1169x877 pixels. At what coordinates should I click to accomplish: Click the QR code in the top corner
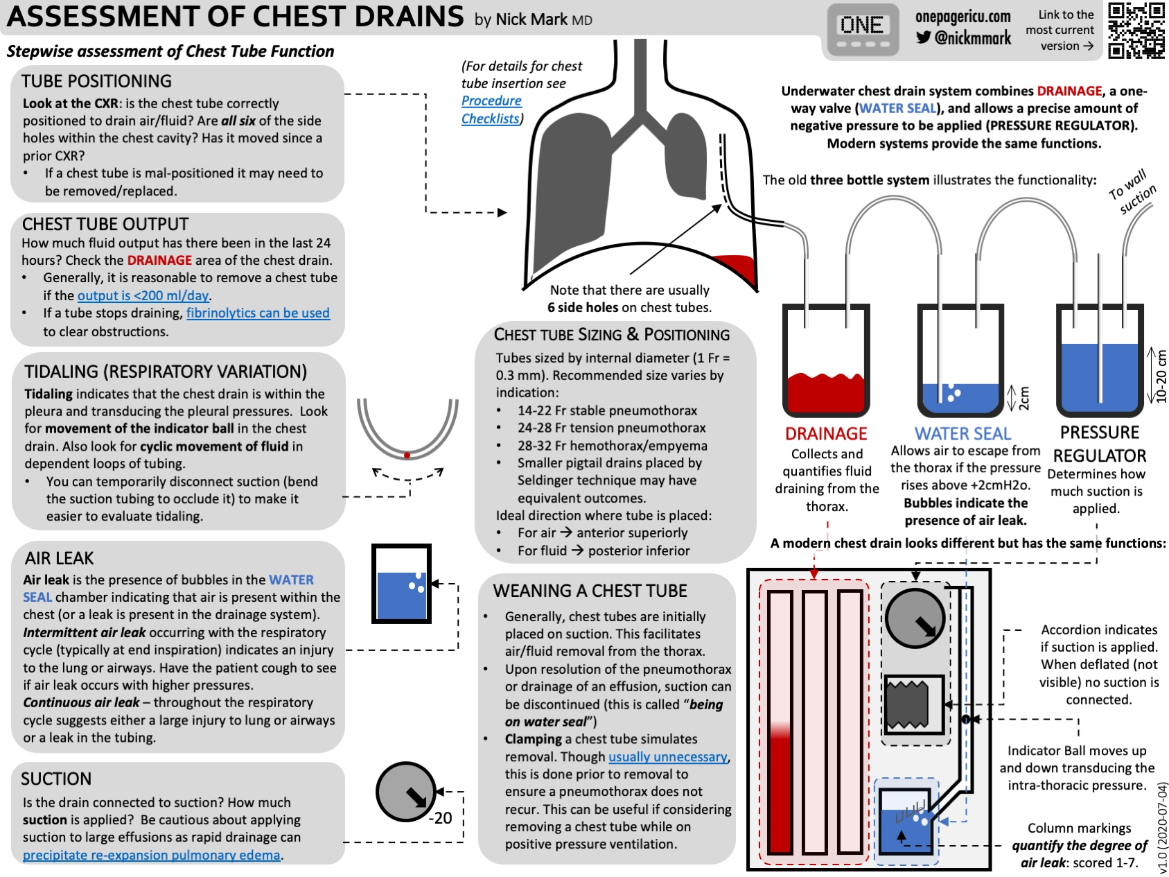pos(1136,30)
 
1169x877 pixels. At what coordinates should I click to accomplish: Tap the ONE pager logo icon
pos(862,30)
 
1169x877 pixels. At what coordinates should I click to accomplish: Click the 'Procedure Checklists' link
pos(491,110)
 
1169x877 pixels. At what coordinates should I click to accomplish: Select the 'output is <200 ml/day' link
pos(143,295)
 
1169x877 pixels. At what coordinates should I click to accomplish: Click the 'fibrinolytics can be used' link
pos(258,313)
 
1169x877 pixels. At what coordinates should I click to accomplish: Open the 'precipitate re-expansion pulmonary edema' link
pos(151,855)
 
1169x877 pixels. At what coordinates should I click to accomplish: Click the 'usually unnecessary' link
pos(668,756)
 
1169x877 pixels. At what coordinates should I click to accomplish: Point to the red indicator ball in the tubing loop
pos(407,455)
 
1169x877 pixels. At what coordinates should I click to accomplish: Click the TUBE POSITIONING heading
pos(96,81)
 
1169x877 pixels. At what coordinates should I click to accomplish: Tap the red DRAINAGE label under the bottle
pos(826,433)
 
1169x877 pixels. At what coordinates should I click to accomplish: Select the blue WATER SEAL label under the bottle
pos(963,433)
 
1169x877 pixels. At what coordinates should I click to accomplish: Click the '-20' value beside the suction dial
pos(440,818)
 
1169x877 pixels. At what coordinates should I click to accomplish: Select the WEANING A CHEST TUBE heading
pos(590,591)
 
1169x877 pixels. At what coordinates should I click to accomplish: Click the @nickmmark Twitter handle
pos(964,37)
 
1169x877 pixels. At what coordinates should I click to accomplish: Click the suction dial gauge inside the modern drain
pos(915,617)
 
